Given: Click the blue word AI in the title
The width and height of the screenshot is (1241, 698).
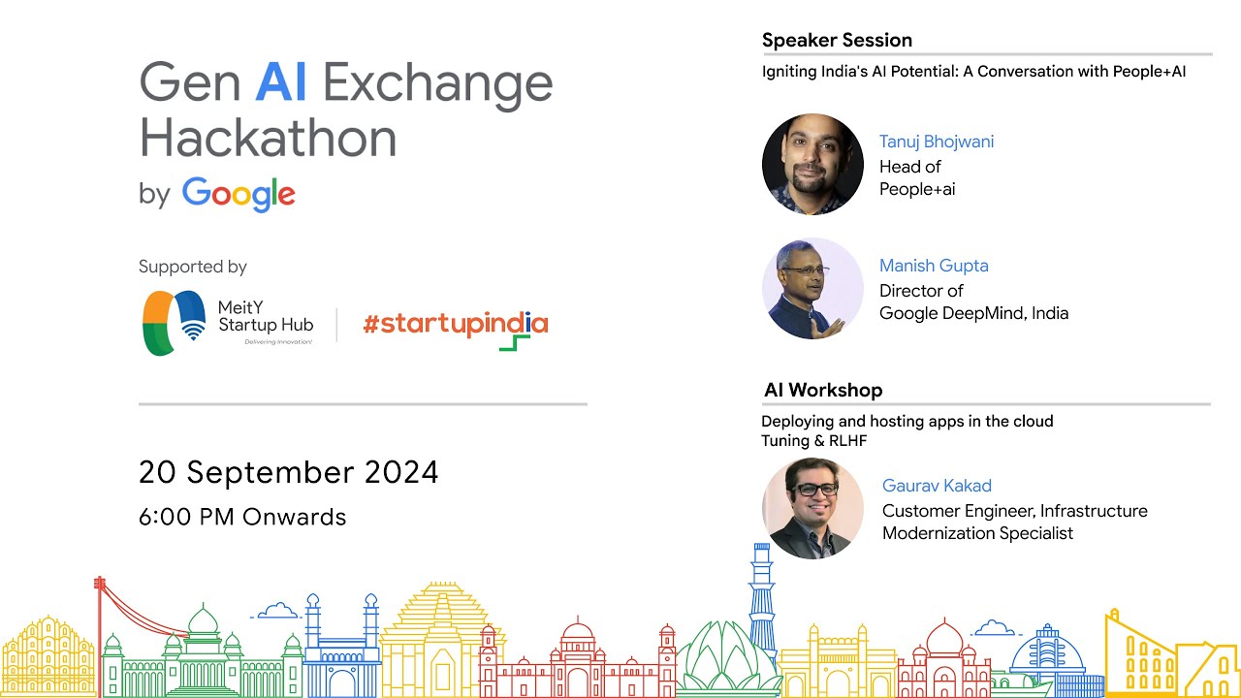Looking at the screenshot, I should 281,82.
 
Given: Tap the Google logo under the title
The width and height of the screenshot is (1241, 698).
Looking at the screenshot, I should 239,194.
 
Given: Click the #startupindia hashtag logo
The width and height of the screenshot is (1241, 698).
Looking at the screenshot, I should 456,326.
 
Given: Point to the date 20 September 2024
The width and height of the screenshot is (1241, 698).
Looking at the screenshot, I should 289,472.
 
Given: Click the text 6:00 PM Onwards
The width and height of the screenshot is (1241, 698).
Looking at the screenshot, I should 242,517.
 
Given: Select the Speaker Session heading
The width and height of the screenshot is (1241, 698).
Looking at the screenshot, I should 837,40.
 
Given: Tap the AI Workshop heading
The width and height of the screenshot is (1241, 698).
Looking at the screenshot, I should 823,390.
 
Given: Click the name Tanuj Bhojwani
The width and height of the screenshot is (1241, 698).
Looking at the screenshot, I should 937,142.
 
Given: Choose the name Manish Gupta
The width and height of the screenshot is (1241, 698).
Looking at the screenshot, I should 934,266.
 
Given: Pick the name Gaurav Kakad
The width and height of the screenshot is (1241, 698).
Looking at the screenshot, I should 937,486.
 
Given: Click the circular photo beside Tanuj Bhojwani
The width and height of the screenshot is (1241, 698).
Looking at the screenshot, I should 812,164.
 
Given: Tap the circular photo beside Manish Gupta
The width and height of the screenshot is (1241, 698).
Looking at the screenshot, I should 812,288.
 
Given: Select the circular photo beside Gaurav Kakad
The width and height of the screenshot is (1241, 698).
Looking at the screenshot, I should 812,508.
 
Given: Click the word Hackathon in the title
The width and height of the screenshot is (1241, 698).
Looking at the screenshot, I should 269,139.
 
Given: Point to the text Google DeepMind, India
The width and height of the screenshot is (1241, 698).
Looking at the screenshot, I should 973,313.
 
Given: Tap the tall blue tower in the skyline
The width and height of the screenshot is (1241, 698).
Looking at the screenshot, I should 762,591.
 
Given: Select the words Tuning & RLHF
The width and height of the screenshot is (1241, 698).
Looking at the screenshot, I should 813,441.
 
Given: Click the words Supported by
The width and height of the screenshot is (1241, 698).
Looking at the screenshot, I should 193,267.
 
